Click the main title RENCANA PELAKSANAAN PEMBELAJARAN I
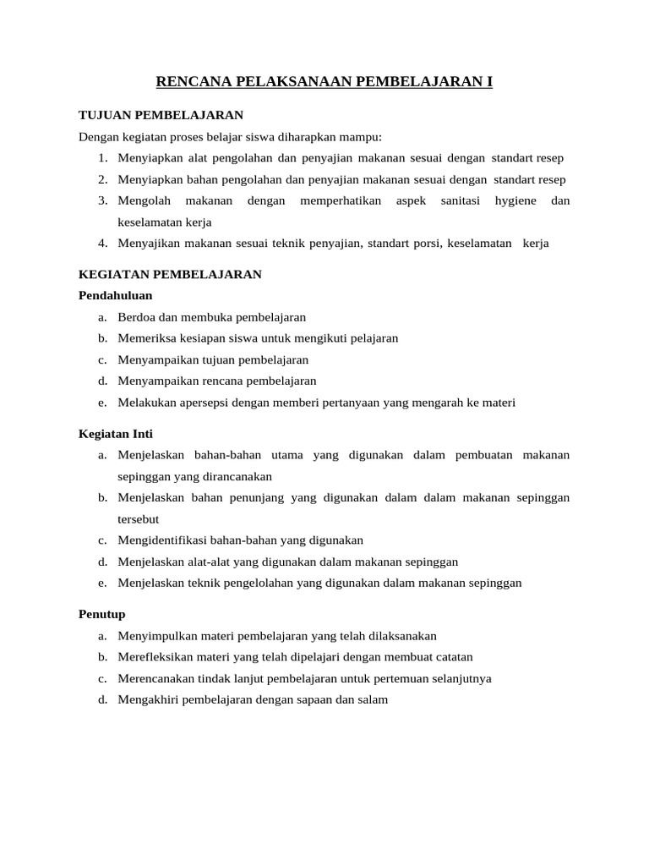pyautogui.click(x=324, y=82)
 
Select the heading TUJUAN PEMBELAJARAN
pyautogui.click(x=161, y=115)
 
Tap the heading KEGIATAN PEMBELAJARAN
pyautogui.click(x=170, y=274)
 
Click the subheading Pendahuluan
pyautogui.click(x=115, y=295)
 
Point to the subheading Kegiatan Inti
pyautogui.click(x=115, y=434)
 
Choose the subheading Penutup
pyautogui.click(x=101, y=614)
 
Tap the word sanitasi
pyautogui.click(x=461, y=201)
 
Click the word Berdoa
pyautogui.click(x=136, y=317)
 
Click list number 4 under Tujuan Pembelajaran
pyautogui.click(x=101, y=244)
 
